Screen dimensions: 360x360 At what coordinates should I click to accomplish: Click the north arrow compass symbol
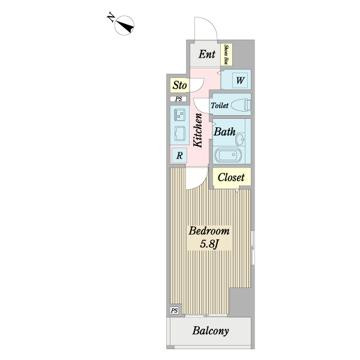click(125, 25)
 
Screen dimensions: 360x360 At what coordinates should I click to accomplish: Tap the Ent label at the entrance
click(207, 55)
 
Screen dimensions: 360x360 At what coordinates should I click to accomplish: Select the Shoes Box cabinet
click(228, 54)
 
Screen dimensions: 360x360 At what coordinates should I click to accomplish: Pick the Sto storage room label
click(179, 85)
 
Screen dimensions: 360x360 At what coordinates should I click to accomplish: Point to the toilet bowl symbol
click(241, 105)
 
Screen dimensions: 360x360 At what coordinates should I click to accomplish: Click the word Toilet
click(220, 106)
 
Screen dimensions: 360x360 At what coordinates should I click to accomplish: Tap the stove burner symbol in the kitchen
click(179, 114)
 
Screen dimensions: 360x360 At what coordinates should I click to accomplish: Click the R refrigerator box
click(179, 155)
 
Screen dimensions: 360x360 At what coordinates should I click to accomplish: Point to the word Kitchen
click(197, 130)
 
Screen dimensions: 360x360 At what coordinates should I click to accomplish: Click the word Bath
click(224, 132)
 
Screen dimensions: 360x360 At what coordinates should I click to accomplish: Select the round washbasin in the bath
click(241, 141)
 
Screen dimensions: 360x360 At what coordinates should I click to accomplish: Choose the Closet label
click(231, 178)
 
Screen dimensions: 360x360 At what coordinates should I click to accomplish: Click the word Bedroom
click(209, 231)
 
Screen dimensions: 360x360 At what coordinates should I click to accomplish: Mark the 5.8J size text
click(210, 244)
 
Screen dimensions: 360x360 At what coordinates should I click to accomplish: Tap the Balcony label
click(211, 331)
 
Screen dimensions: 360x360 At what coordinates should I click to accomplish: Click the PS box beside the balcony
click(175, 310)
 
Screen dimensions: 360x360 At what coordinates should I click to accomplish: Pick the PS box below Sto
click(178, 99)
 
